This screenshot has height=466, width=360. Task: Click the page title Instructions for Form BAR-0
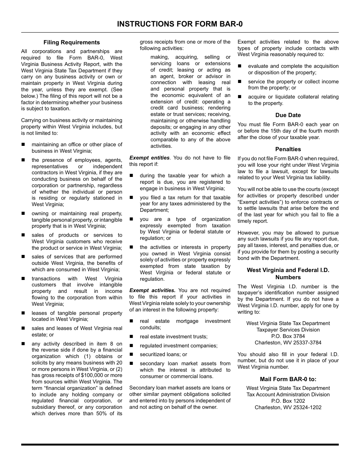(180, 24)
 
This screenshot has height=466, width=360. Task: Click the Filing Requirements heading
(72, 42)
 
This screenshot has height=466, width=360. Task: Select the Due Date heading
(288, 115)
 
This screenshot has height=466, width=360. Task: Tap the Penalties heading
(288, 149)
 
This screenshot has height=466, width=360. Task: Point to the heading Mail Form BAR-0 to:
(288, 379)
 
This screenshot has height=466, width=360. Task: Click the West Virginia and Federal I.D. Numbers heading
(288, 274)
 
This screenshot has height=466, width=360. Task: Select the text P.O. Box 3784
(288, 336)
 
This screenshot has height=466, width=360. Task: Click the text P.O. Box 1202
(288, 401)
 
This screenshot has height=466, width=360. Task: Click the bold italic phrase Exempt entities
(149, 158)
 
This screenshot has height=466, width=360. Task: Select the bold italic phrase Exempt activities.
(152, 290)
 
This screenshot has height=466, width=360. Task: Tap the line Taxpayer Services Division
(288, 330)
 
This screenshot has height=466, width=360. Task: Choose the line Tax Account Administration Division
(288, 394)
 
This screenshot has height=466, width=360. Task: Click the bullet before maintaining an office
(23, 144)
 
